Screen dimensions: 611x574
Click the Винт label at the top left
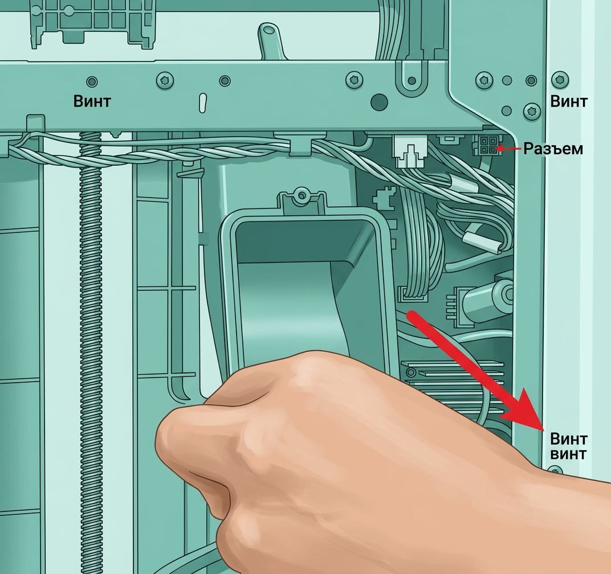[x=92, y=101]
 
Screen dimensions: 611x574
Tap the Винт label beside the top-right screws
[x=568, y=101]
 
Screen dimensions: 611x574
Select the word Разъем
[x=553, y=149]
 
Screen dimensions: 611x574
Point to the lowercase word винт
[x=568, y=454]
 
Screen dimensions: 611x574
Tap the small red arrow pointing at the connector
[x=508, y=149]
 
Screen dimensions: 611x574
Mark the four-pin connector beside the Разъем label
[x=486, y=146]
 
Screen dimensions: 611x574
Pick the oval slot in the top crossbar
[x=203, y=103]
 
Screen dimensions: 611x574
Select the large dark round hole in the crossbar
[x=379, y=102]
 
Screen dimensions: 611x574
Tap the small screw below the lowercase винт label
[x=555, y=471]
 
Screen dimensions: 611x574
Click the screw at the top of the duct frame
[x=301, y=194]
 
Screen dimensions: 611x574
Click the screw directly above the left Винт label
[x=92, y=82]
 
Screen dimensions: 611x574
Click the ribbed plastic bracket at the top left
[x=93, y=23]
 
